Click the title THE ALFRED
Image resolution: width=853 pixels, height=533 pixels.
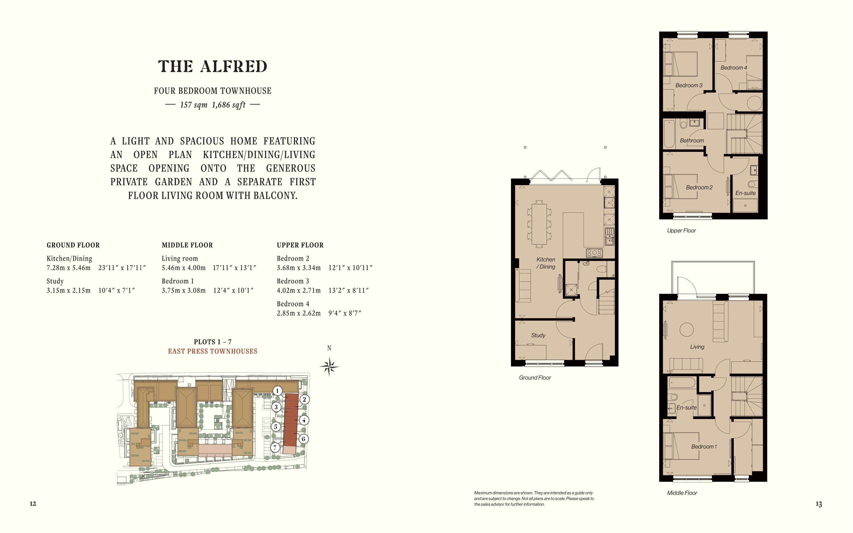click(213, 66)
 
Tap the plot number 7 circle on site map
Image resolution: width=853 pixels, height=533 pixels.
click(275, 447)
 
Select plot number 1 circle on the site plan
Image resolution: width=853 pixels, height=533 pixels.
click(277, 391)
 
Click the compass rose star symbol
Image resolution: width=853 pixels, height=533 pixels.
click(329, 367)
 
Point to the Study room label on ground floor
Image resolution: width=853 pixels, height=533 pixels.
click(538, 335)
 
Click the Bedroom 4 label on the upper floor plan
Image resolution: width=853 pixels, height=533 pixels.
click(733, 68)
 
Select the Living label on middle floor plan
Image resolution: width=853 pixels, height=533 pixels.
click(697, 347)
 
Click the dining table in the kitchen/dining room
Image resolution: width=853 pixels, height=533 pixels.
click(539, 224)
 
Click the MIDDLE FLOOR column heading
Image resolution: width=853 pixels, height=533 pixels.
click(187, 245)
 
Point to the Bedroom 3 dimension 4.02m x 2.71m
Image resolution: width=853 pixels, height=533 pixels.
click(299, 290)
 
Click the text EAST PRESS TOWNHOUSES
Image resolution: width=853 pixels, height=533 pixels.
click(213, 351)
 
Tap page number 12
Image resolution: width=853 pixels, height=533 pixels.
click(33, 503)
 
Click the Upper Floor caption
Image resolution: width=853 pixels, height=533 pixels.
click(681, 231)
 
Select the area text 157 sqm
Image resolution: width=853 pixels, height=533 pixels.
click(194, 105)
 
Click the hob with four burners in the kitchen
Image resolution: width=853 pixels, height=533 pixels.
click(594, 252)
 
